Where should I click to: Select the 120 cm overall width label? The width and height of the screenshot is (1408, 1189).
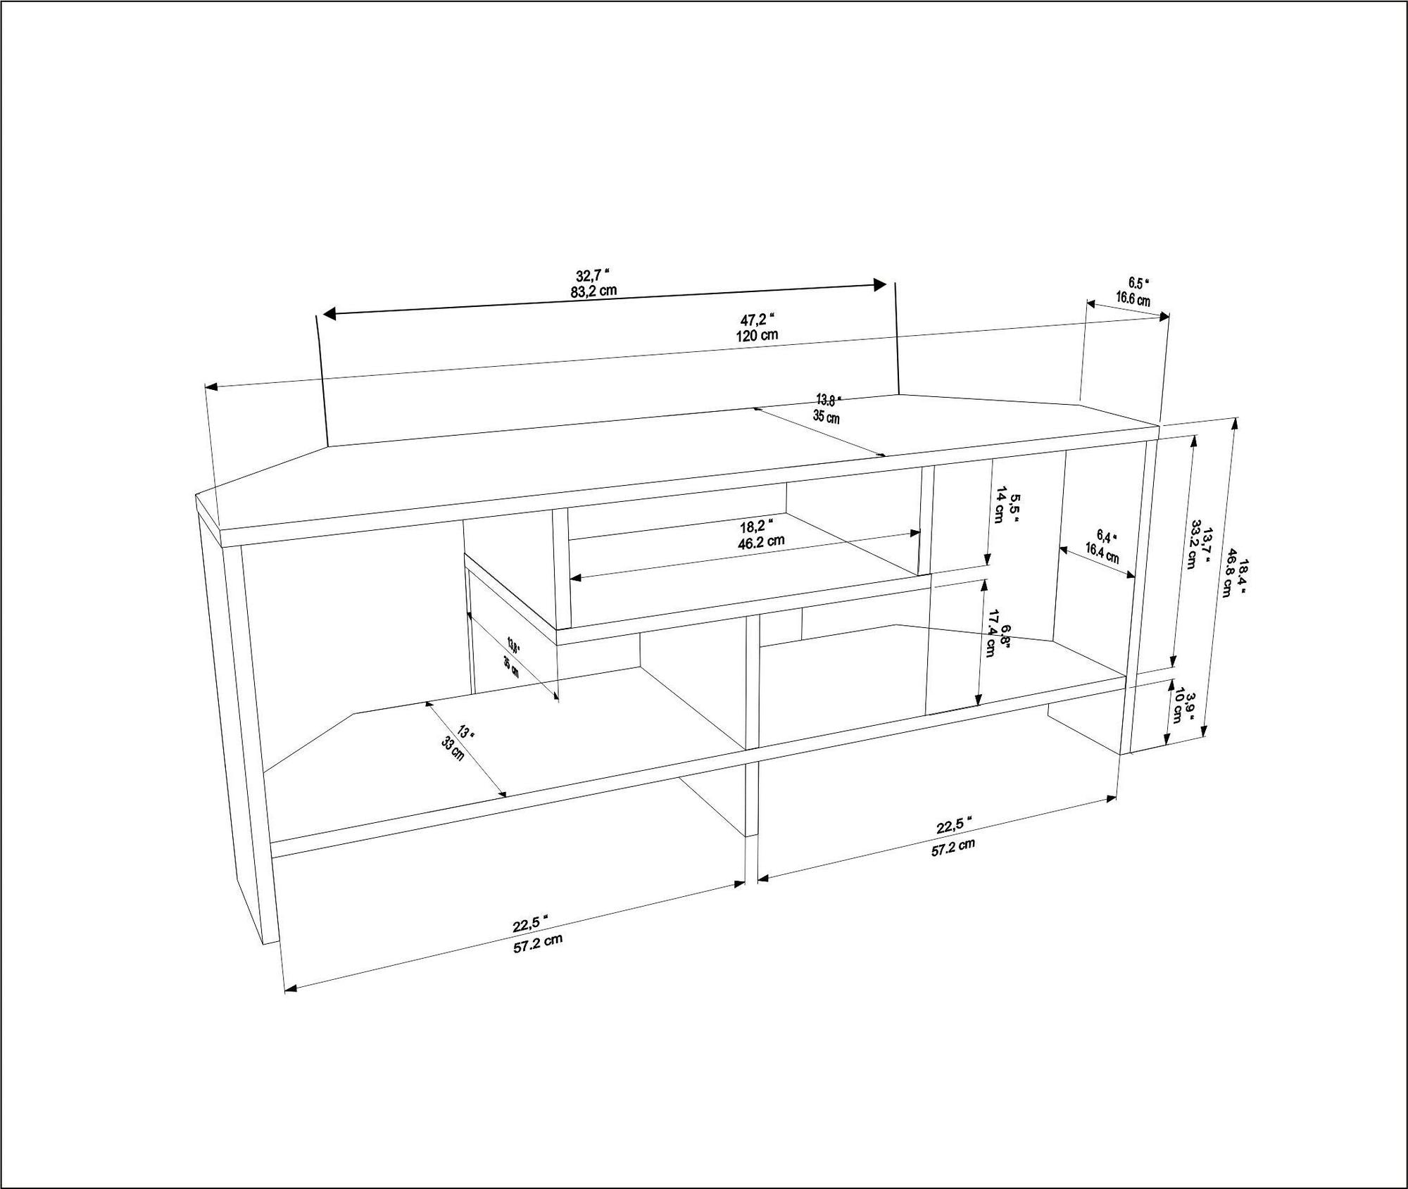(758, 334)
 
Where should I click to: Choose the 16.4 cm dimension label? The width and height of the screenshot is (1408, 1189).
(1102, 552)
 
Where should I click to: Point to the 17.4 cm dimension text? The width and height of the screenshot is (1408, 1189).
(993, 634)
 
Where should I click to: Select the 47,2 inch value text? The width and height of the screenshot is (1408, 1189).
(758, 319)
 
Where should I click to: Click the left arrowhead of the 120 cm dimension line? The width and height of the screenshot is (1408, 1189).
(209, 386)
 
